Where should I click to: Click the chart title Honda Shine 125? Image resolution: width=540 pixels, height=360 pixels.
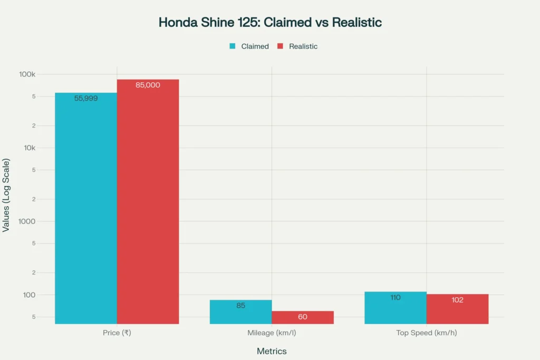pos(270,23)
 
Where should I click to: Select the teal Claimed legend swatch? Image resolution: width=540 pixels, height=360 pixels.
pos(232,46)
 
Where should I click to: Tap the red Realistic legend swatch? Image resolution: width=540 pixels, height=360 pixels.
pos(279,46)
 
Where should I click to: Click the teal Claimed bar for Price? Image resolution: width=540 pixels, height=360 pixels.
pos(86,211)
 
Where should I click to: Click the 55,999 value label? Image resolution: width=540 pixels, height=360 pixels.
pos(86,98)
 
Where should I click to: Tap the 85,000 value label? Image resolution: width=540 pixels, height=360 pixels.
pos(148,85)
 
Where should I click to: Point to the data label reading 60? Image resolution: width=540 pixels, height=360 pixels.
pos(302,317)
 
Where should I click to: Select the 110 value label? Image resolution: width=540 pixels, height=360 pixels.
pos(395,297)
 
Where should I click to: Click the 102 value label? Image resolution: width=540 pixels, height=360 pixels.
pos(457,300)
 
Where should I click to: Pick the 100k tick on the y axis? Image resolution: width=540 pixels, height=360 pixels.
pos(27,74)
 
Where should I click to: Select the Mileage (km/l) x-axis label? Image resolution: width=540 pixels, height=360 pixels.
pos(271,333)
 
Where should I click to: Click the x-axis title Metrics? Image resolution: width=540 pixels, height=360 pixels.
pos(271,351)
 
